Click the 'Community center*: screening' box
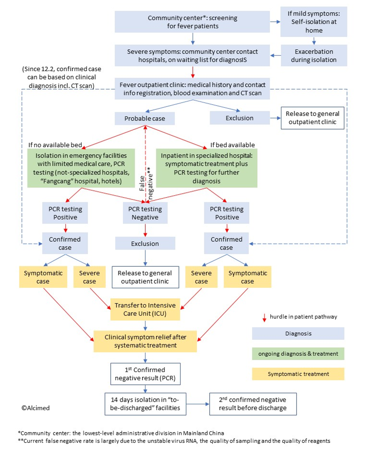[x=192, y=22]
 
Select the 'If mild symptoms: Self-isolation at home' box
[x=314, y=22]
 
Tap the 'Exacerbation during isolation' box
[x=314, y=56]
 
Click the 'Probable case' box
[x=144, y=118]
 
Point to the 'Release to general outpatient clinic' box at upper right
[x=313, y=118]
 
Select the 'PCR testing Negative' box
[x=145, y=213]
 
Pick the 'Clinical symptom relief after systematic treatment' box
[x=145, y=341]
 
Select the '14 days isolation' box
[x=145, y=404]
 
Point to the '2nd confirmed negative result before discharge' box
[x=252, y=404]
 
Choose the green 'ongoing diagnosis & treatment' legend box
[x=298, y=354]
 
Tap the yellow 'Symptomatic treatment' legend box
[x=298, y=374]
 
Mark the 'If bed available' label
[x=232, y=145]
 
